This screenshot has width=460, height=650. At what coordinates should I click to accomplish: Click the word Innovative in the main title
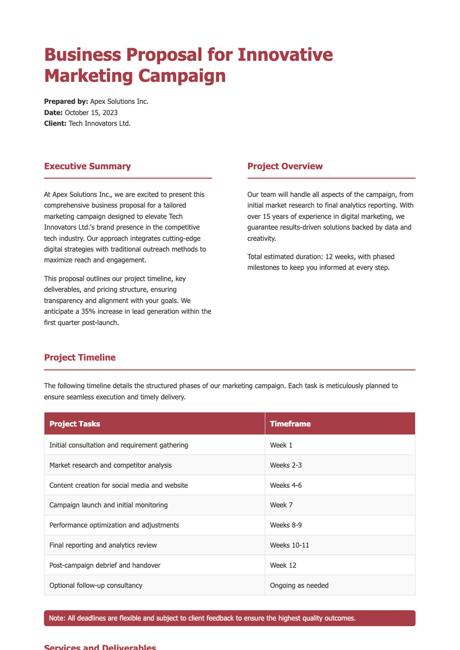click(x=285, y=55)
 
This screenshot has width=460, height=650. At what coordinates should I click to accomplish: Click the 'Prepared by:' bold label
click(x=66, y=102)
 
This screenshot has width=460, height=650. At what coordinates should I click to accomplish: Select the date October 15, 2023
click(x=91, y=113)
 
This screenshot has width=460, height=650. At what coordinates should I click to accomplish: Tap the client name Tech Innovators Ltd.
click(x=99, y=124)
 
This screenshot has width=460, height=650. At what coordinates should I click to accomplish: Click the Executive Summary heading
click(x=87, y=166)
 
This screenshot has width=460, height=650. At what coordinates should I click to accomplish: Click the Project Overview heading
click(x=285, y=166)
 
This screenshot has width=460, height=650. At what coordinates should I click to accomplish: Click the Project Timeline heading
click(x=80, y=357)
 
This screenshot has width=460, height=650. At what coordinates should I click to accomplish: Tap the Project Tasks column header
click(x=75, y=424)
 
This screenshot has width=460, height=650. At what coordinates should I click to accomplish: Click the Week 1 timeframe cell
click(x=281, y=445)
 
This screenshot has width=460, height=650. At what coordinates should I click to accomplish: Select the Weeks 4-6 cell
click(x=286, y=485)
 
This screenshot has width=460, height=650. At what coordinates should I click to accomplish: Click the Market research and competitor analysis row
click(x=110, y=465)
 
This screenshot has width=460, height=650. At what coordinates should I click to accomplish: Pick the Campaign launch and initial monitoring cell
click(x=108, y=505)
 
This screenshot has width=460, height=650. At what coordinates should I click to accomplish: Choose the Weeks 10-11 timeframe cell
click(x=289, y=545)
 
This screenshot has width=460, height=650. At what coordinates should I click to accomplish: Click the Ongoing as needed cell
click(x=299, y=585)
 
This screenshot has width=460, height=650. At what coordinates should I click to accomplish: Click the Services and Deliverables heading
click(x=100, y=647)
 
